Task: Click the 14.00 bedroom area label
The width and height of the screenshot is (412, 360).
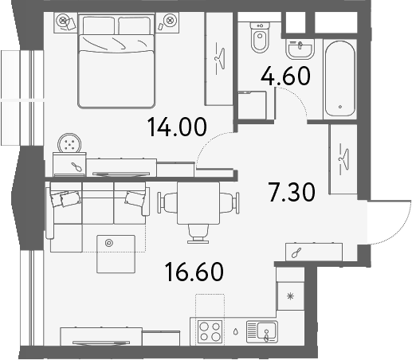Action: tap(177, 127)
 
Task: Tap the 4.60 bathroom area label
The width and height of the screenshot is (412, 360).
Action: tap(285, 76)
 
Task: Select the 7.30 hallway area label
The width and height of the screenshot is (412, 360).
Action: tap(292, 192)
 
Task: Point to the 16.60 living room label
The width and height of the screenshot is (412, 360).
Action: tap(194, 272)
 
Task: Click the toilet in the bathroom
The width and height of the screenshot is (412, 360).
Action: tap(260, 37)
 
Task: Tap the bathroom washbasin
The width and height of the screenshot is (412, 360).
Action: tap(300, 49)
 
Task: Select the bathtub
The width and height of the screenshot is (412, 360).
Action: tap(340, 79)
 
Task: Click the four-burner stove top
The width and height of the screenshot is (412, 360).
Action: tap(210, 331)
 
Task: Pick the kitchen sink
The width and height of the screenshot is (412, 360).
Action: tap(262, 331)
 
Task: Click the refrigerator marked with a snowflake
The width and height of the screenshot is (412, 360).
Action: tap(290, 296)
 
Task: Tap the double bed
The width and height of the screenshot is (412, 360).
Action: tap(116, 61)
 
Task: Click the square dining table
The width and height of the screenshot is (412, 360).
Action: tap(198, 203)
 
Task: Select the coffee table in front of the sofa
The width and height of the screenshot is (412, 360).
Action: tap(116, 254)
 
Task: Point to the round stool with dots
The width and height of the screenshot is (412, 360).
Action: tap(69, 143)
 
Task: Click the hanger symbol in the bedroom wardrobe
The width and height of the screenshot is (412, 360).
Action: tap(220, 58)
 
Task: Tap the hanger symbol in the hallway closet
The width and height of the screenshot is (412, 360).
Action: tap(343, 159)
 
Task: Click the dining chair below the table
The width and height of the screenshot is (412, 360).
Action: tap(198, 233)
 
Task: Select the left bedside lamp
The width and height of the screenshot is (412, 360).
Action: tap(63, 20)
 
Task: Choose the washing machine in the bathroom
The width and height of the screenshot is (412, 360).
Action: tap(252, 105)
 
